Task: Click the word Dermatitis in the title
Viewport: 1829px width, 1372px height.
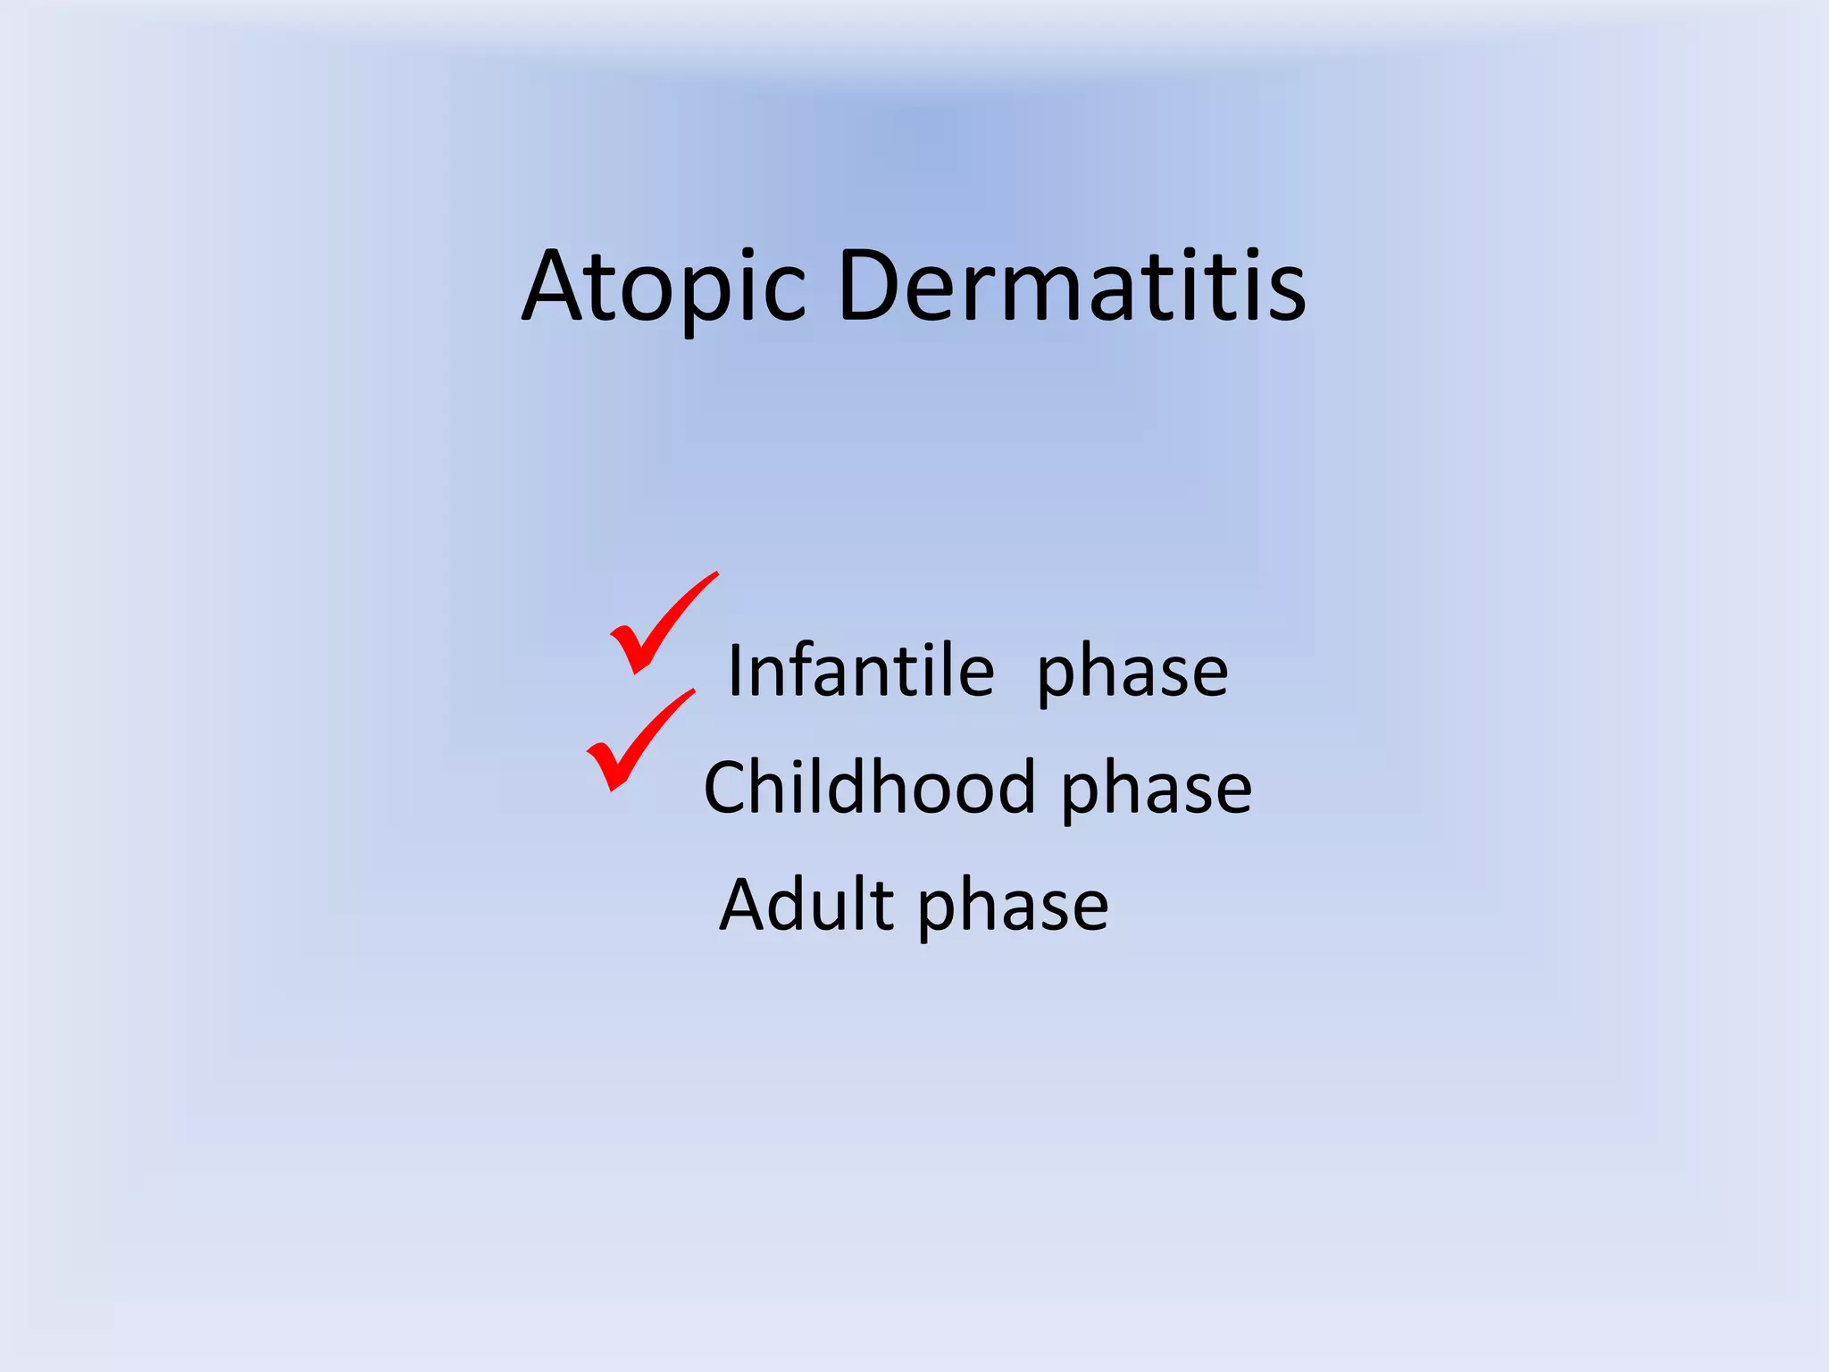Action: pyautogui.click(x=1072, y=286)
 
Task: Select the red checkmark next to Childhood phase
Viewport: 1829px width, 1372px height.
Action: pyautogui.click(x=636, y=741)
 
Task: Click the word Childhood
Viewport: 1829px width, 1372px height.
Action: pyautogui.click(x=869, y=788)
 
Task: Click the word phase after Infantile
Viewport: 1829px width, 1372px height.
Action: pyautogui.click(x=1132, y=673)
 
